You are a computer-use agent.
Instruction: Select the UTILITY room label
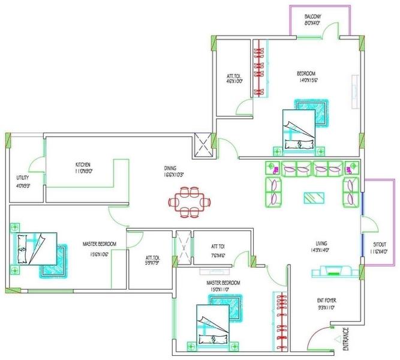[x=23, y=178]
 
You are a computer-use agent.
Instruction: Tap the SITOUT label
[x=380, y=245]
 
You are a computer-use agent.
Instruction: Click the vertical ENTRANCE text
[x=345, y=338]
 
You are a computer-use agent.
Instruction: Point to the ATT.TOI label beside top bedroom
[x=233, y=76]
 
